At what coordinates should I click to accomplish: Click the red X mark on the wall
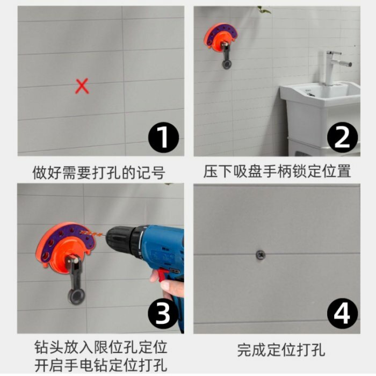[x=82, y=86]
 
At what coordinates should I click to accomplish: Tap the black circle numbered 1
[x=163, y=138]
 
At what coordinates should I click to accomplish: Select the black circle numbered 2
[x=343, y=138]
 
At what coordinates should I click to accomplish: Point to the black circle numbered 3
[x=163, y=314]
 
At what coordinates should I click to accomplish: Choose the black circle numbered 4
[x=343, y=314]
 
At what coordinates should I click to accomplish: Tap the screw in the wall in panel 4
[x=260, y=254]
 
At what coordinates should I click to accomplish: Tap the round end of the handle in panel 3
[x=76, y=296]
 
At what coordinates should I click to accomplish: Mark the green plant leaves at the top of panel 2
[x=264, y=10]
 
